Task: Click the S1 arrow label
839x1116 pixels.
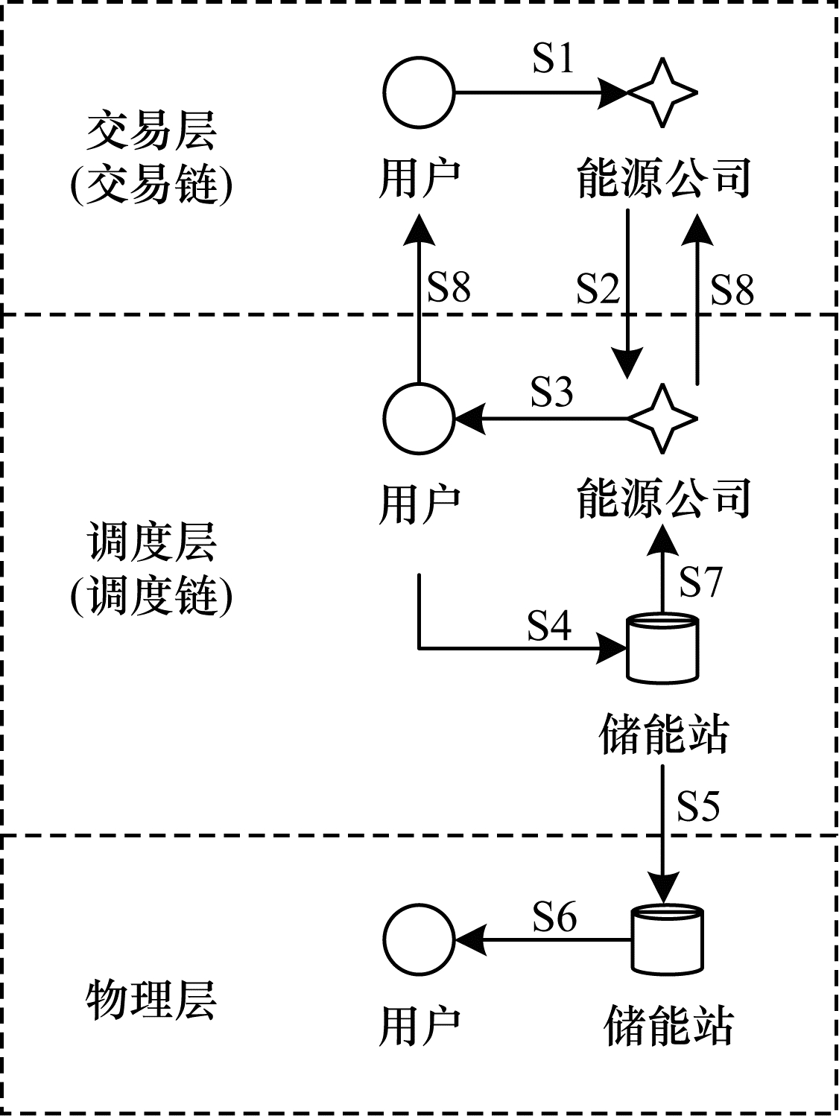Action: point(554,58)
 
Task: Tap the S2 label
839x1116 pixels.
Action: point(598,288)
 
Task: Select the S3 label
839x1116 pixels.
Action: point(552,391)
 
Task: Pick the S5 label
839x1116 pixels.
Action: point(698,805)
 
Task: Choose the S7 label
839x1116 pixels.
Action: point(700,581)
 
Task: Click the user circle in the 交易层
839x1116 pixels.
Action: point(419,93)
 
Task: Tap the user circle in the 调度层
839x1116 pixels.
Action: point(419,419)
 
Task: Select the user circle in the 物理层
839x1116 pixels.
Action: point(419,939)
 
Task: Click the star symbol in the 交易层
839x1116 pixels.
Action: point(662,93)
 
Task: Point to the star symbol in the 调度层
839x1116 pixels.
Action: point(662,419)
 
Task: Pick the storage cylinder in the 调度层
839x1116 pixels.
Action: point(662,647)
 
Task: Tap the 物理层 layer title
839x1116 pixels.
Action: point(151,1000)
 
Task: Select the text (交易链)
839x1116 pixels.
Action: point(151,184)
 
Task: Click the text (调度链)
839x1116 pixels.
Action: point(151,596)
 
